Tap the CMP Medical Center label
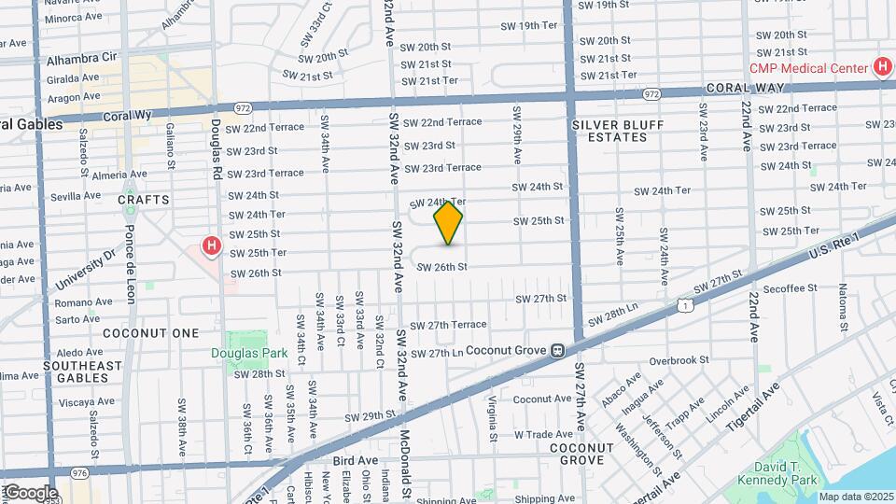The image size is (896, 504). [807, 67]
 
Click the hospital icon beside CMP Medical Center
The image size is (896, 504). [881, 66]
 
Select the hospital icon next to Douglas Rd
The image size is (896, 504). [212, 246]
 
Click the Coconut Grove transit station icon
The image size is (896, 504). [557, 351]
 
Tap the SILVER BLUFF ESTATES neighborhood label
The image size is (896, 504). [609, 131]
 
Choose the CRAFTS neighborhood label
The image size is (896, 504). [144, 200]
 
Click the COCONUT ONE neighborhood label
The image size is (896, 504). [150, 333]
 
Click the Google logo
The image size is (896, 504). [30, 493]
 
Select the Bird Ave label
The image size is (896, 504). [355, 461]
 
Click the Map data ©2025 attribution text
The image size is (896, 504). [856, 497]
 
